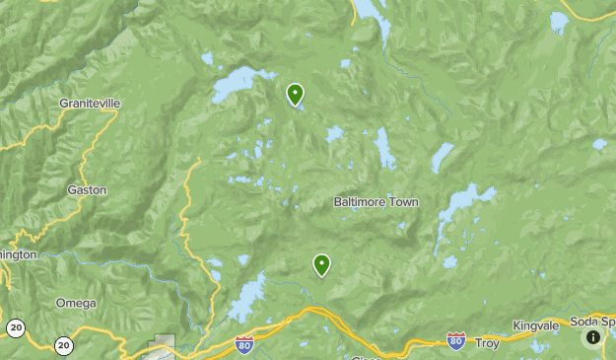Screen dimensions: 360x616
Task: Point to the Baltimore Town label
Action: [x=376, y=202]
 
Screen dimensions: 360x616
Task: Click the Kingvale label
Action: [x=535, y=324]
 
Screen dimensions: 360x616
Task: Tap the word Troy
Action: [x=487, y=343]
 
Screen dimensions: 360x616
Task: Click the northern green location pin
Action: [x=295, y=95]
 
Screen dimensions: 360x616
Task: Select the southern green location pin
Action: [x=321, y=264]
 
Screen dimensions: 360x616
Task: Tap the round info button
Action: [x=592, y=337]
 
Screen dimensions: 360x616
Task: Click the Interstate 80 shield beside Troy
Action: [x=455, y=340]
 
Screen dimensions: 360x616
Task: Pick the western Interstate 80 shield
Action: [x=244, y=344]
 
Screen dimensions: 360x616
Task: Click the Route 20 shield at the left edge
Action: [x=15, y=326]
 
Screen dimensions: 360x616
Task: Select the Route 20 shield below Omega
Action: [x=64, y=344]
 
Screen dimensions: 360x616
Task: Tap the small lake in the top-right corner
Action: [x=559, y=21]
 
